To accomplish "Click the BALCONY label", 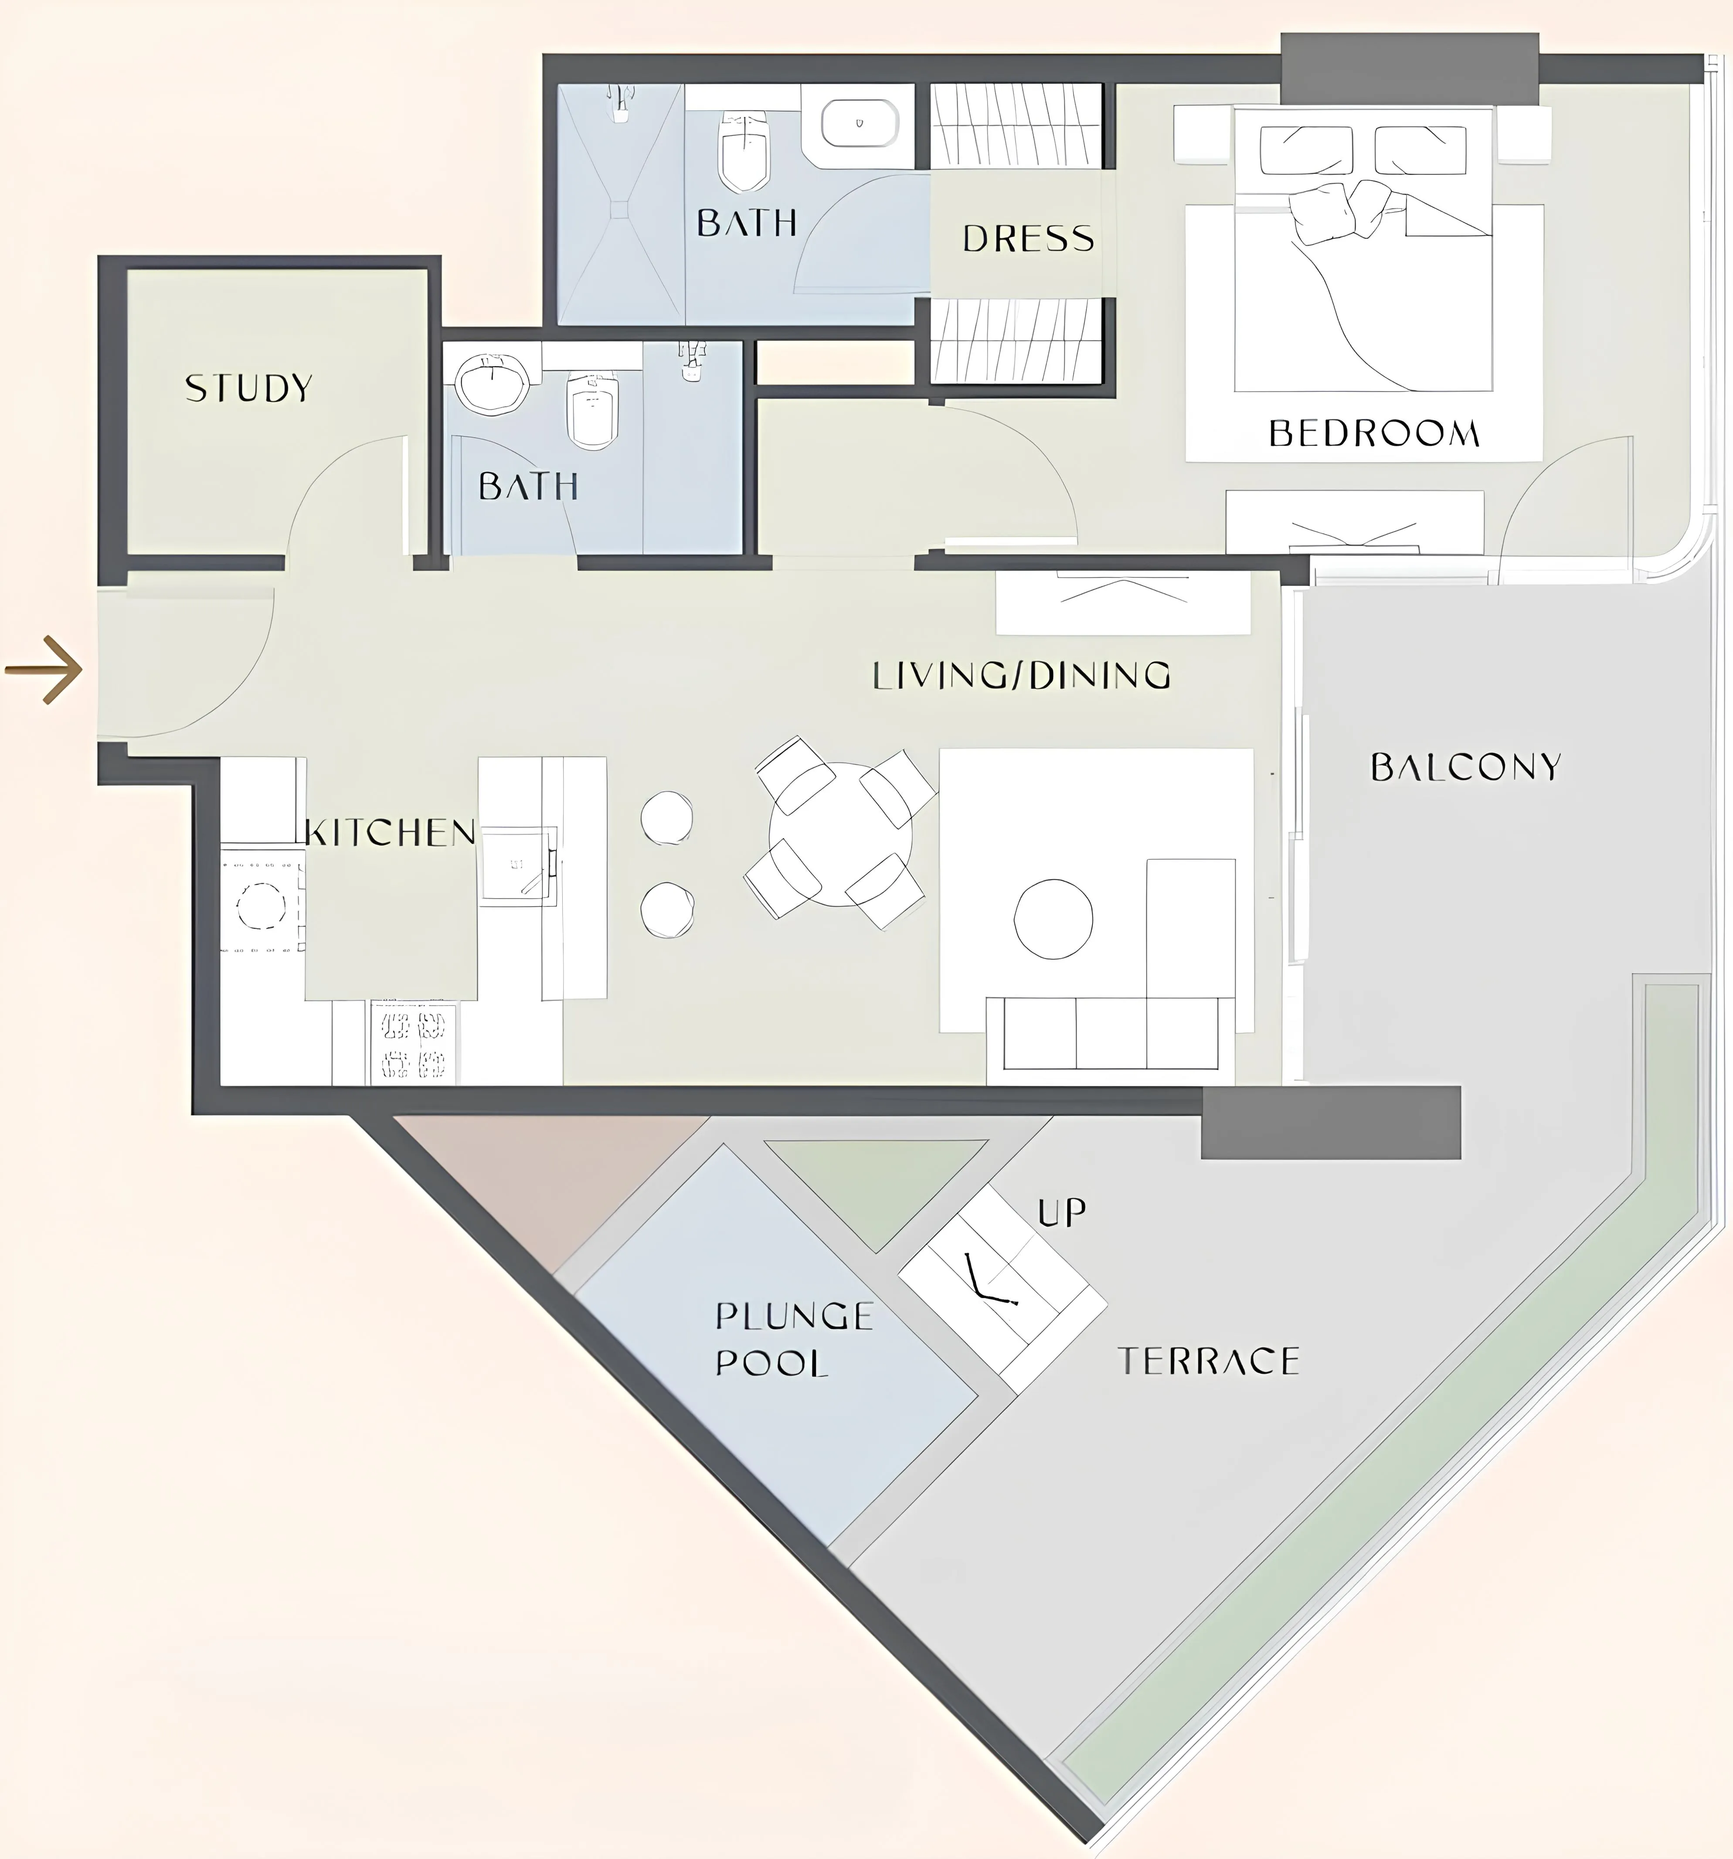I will (x=1466, y=767).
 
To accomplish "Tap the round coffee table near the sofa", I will (x=1053, y=917).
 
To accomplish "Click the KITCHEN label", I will (x=391, y=832).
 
